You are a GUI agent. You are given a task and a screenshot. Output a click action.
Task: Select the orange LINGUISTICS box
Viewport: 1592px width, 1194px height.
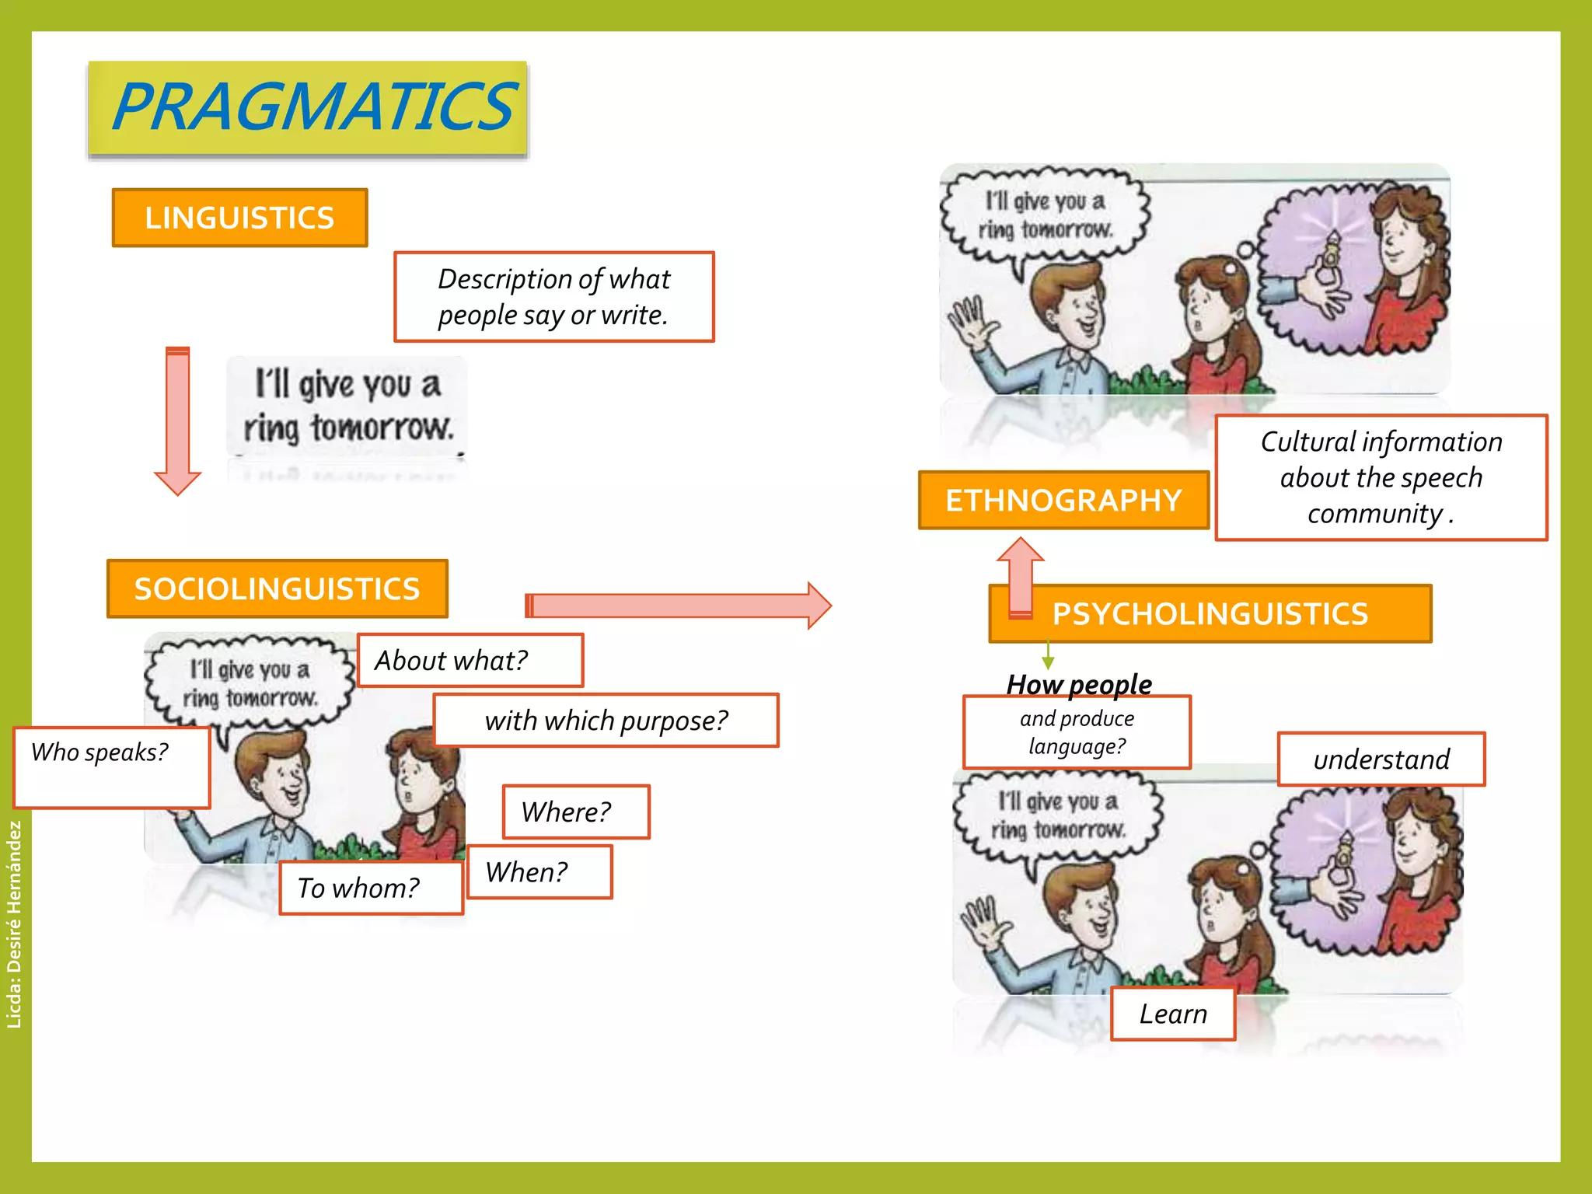[x=239, y=218]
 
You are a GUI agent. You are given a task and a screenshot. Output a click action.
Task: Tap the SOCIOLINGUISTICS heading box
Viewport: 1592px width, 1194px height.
[x=277, y=588]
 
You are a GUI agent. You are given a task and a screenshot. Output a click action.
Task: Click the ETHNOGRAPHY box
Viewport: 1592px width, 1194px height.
[x=1063, y=500]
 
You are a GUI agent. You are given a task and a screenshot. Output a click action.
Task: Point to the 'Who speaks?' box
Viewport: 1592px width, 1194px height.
[x=111, y=767]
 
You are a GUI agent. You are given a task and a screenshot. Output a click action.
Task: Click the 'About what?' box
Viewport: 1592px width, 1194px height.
[x=470, y=660]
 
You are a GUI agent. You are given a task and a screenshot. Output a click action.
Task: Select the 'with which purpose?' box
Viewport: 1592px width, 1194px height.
[x=606, y=720]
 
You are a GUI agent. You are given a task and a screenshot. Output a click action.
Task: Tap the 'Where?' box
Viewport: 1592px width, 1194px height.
[x=575, y=812]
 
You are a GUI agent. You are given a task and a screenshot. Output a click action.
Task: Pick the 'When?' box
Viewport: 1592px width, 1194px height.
[x=539, y=871]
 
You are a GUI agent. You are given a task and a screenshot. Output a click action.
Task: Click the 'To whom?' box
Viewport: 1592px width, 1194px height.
[x=371, y=888]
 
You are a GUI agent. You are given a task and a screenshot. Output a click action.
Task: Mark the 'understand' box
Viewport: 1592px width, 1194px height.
[x=1381, y=759]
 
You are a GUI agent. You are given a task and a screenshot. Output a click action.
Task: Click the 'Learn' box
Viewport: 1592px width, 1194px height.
[x=1172, y=1014]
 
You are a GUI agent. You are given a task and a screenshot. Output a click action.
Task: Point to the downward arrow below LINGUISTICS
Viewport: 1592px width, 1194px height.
[x=178, y=420]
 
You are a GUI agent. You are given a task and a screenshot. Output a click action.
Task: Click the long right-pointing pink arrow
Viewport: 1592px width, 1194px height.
[x=676, y=606]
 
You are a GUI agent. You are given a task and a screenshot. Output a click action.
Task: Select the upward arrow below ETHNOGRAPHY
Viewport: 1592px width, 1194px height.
[x=1020, y=575]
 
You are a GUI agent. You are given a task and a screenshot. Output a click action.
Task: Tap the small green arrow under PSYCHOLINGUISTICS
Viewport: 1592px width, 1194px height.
[x=1048, y=655]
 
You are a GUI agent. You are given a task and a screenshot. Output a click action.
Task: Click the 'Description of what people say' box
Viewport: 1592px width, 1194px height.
[x=553, y=297]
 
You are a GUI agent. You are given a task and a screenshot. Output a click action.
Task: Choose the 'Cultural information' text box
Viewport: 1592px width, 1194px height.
[x=1381, y=477]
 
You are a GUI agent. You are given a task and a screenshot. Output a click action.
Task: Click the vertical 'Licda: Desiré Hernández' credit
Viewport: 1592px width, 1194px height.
[x=14, y=924]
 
